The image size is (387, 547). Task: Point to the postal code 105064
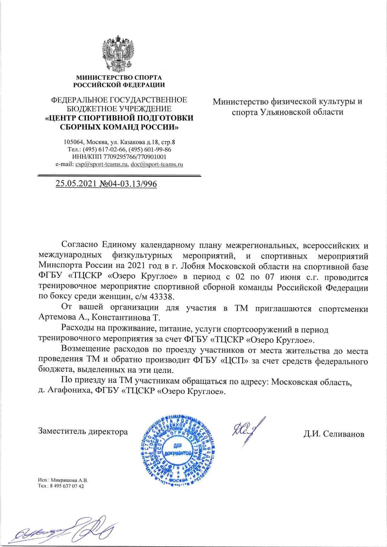[x=74, y=142]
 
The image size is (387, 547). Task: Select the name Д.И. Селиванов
[x=333, y=434]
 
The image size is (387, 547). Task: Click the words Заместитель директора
[x=83, y=431]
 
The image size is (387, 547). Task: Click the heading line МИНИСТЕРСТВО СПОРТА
[x=119, y=78]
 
